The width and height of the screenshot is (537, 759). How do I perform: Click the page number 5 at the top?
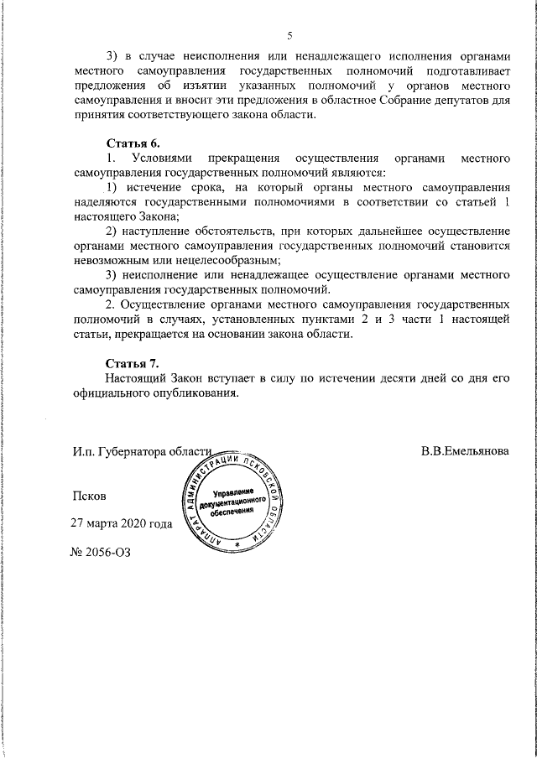(289, 34)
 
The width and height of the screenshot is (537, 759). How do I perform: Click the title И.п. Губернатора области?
(140, 451)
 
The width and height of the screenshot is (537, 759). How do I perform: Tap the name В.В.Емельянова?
(465, 451)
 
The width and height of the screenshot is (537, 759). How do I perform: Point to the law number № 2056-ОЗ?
(102, 553)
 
